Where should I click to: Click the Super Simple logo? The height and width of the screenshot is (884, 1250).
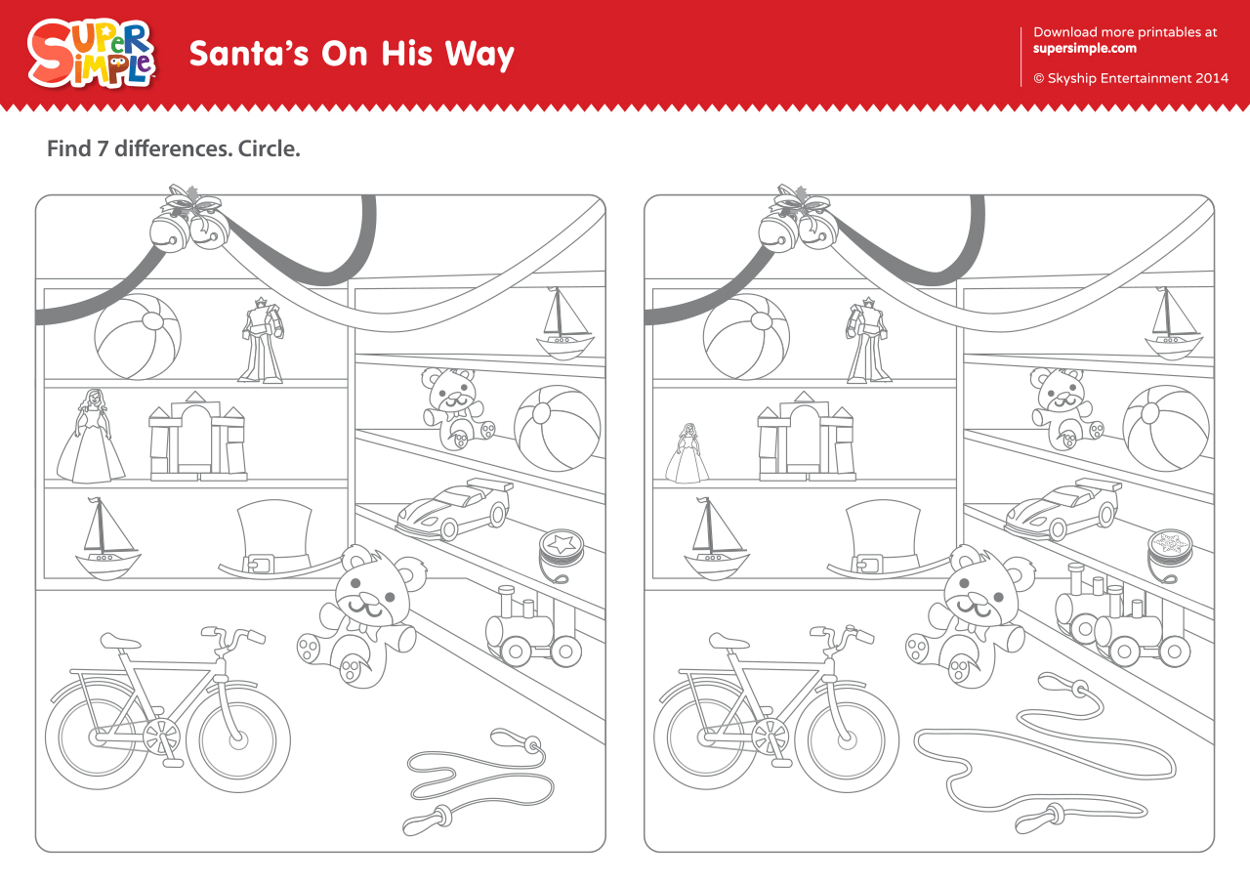pyautogui.click(x=91, y=54)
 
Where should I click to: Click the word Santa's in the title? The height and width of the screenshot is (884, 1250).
pyautogui.click(x=249, y=54)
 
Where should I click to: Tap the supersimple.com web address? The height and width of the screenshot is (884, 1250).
pyautogui.click(x=1084, y=49)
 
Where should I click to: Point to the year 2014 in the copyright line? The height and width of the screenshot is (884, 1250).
pyautogui.click(x=1212, y=78)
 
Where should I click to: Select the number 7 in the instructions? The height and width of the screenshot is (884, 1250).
pyautogui.click(x=103, y=149)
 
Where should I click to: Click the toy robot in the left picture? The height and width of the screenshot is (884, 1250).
pyautogui.click(x=262, y=340)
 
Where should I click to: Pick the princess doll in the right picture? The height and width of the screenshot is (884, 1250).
pyautogui.click(x=687, y=453)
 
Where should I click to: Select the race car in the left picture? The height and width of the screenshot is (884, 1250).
pyautogui.click(x=454, y=508)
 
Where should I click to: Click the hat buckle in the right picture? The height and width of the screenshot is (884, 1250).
pyautogui.click(x=866, y=565)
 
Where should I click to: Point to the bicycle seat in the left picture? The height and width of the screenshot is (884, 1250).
pyautogui.click(x=119, y=641)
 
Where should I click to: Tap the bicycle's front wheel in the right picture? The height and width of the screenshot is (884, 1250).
pyautogui.click(x=846, y=740)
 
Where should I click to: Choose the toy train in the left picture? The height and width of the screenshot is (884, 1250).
pyautogui.click(x=533, y=627)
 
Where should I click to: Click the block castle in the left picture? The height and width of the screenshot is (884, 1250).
pyautogui.click(x=197, y=436)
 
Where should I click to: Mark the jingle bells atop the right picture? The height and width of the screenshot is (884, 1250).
pyautogui.click(x=798, y=219)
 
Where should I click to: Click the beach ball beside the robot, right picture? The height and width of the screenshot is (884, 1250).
pyautogui.click(x=746, y=337)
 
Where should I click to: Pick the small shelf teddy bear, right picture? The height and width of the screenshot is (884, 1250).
pyautogui.click(x=1065, y=408)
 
